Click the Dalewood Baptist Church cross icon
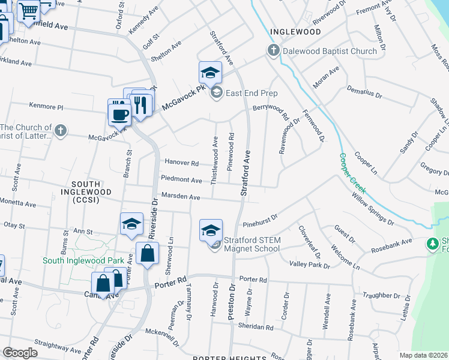point(274,51)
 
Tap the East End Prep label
point(252,92)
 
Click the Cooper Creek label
point(352,173)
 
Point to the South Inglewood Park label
point(83,260)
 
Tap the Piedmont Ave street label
point(181,179)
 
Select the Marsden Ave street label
point(181,196)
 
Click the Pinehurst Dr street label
point(260,222)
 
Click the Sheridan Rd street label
point(256,328)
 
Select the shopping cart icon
point(28,10)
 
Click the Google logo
point(20,353)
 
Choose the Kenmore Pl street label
point(47,107)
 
